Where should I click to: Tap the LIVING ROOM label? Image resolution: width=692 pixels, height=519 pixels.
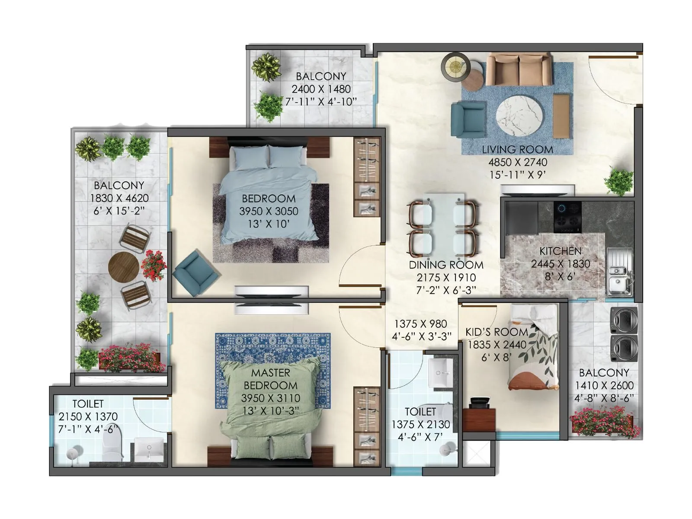pyautogui.click(x=517, y=150)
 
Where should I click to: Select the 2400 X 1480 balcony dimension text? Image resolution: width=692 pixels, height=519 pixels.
pyautogui.click(x=321, y=89)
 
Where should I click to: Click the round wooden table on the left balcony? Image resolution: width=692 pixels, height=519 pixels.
pyautogui.click(x=124, y=267)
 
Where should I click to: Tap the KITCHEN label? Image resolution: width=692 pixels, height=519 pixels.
pyautogui.click(x=560, y=251)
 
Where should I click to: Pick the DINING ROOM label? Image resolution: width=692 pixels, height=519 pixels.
pyautogui.click(x=446, y=265)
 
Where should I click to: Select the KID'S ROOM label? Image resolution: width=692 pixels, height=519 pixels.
pyautogui.click(x=497, y=332)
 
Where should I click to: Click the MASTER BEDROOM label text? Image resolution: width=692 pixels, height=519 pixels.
pyautogui.click(x=270, y=379)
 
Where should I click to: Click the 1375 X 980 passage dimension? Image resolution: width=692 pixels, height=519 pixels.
pyautogui.click(x=420, y=324)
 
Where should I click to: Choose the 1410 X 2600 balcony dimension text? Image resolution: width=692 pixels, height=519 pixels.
pyautogui.click(x=604, y=385)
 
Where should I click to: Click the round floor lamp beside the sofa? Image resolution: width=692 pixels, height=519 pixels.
pyautogui.click(x=455, y=66)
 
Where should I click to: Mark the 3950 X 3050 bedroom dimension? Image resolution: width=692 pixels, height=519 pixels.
pyautogui.click(x=269, y=211)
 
